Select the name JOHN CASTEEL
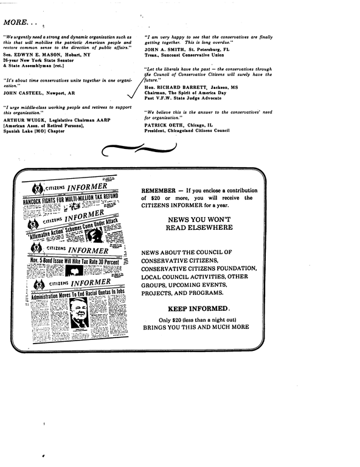[24, 94]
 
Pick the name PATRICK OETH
[165, 125]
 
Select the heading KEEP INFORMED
[198, 308]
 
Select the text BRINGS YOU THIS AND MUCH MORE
[196, 327]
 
